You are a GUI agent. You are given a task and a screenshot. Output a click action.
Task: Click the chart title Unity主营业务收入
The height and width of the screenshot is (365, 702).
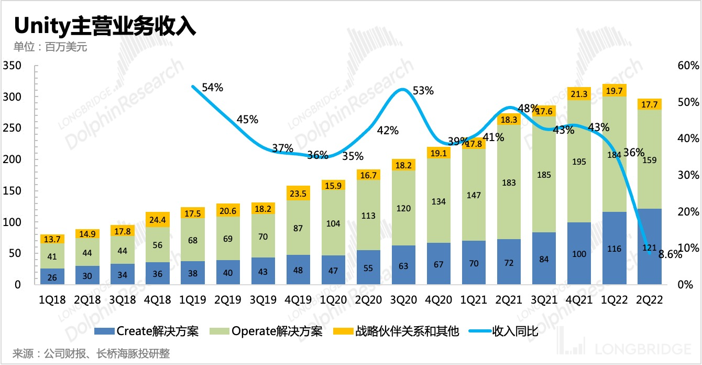(105, 25)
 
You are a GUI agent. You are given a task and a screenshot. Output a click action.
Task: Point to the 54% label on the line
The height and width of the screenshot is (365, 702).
(212, 88)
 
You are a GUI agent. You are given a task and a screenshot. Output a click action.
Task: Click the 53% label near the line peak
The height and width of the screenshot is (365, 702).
(423, 90)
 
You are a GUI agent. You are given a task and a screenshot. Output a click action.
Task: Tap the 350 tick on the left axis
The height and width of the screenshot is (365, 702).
(11, 66)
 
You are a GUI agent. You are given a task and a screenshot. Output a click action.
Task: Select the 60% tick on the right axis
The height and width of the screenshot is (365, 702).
(687, 66)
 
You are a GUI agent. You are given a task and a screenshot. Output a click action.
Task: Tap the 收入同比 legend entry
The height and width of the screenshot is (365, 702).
(503, 331)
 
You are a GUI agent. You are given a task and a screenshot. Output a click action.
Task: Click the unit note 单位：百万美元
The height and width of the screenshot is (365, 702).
(50, 47)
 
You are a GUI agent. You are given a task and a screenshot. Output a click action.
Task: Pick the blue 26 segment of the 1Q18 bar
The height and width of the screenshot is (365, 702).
(52, 276)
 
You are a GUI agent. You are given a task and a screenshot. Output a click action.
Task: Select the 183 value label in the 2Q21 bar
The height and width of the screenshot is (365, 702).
(509, 182)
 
